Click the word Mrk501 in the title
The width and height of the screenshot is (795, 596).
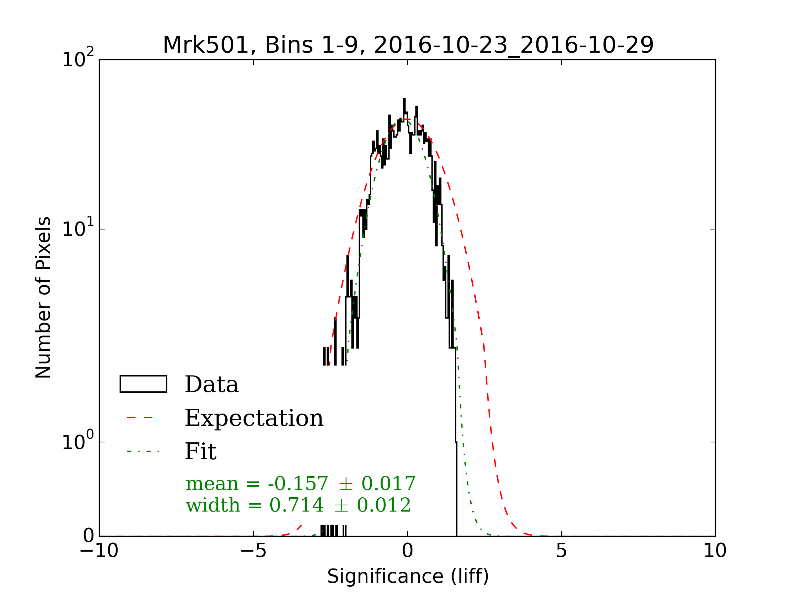(x=206, y=45)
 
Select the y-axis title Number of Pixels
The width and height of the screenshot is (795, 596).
(x=43, y=297)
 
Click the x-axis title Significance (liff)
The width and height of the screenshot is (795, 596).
(x=407, y=576)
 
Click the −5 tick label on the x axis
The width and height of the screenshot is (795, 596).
(x=253, y=551)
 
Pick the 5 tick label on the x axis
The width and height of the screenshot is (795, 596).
(x=561, y=551)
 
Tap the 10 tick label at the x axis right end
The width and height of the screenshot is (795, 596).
(x=715, y=551)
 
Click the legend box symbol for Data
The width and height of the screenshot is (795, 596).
(x=143, y=384)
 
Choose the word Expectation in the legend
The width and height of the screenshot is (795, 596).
(x=254, y=418)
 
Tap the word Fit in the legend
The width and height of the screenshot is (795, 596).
(x=200, y=452)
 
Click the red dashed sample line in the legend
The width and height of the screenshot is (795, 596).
(x=140, y=418)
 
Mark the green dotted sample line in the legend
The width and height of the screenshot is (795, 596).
(x=143, y=451)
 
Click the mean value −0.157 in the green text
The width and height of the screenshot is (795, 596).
(x=297, y=483)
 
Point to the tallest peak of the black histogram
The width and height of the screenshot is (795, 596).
(x=404, y=99)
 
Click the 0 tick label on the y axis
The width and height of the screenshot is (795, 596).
(x=88, y=536)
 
